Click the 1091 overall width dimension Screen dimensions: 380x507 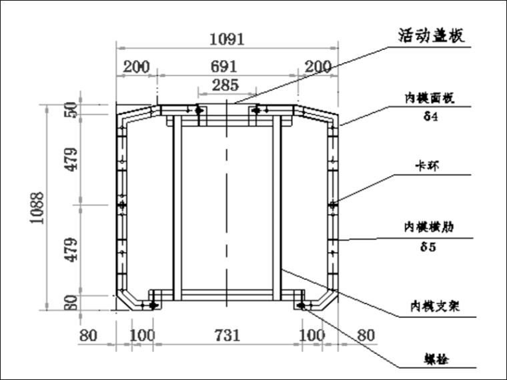227,39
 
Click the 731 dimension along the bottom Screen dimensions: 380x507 227,335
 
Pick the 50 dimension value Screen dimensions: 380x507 73,110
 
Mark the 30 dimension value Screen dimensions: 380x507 73,303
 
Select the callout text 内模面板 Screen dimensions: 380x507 430,99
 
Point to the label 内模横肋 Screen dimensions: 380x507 430,228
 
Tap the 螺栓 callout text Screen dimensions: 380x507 434,359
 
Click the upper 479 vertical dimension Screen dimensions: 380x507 73,160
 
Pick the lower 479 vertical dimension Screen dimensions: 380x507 73,248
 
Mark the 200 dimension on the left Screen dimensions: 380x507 136,67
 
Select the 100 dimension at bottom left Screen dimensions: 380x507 140,335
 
